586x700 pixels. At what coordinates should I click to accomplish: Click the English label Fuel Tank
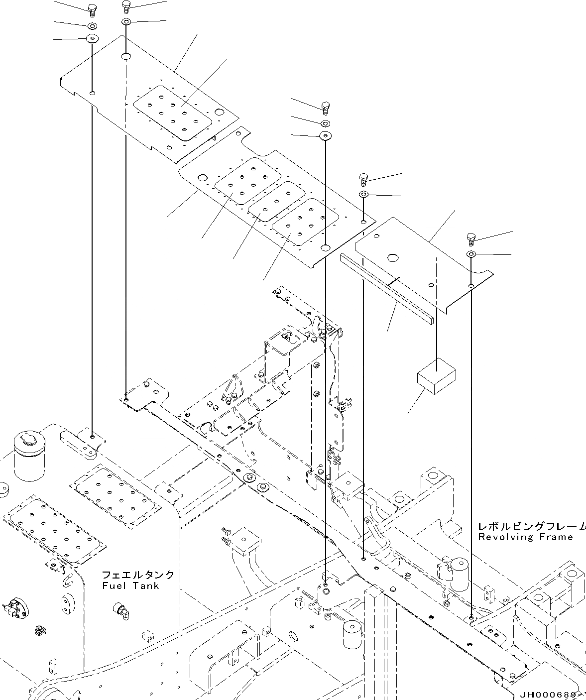pos(131,586)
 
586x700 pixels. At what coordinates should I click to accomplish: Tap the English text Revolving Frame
pos(525,537)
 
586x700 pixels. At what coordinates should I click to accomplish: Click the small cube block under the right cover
pos(437,376)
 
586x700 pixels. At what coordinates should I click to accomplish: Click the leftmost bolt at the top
pos(93,7)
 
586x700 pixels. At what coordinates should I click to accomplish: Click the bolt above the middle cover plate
pos(325,106)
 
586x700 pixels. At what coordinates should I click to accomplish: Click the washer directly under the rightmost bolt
pos(471,255)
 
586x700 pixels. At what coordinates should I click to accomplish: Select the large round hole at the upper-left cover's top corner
pos(126,57)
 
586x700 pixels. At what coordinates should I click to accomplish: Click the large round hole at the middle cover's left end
pos(203,177)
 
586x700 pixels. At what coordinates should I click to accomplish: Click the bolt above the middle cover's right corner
pos(363,178)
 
